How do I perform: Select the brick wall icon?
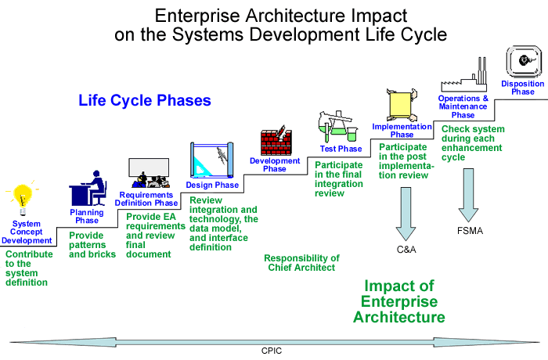[x=276, y=142]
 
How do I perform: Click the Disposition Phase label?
[x=517, y=87]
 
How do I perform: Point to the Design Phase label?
[x=212, y=185]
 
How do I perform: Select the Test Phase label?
[x=341, y=149]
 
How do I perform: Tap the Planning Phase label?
[x=86, y=216]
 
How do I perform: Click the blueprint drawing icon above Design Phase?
[x=211, y=160]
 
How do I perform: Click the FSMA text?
[x=470, y=232]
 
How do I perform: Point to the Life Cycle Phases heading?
[x=145, y=101]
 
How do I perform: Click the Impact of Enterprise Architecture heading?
[x=399, y=301]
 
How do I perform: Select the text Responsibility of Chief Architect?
[x=301, y=263]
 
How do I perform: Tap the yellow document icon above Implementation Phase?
[x=400, y=105]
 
